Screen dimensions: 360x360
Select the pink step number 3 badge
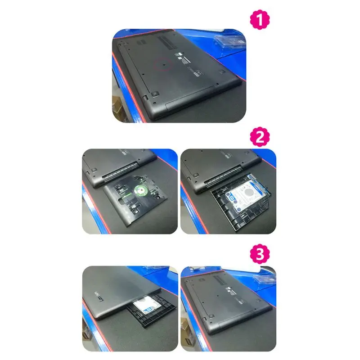(260, 255)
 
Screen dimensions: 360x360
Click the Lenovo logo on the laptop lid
(102, 293)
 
